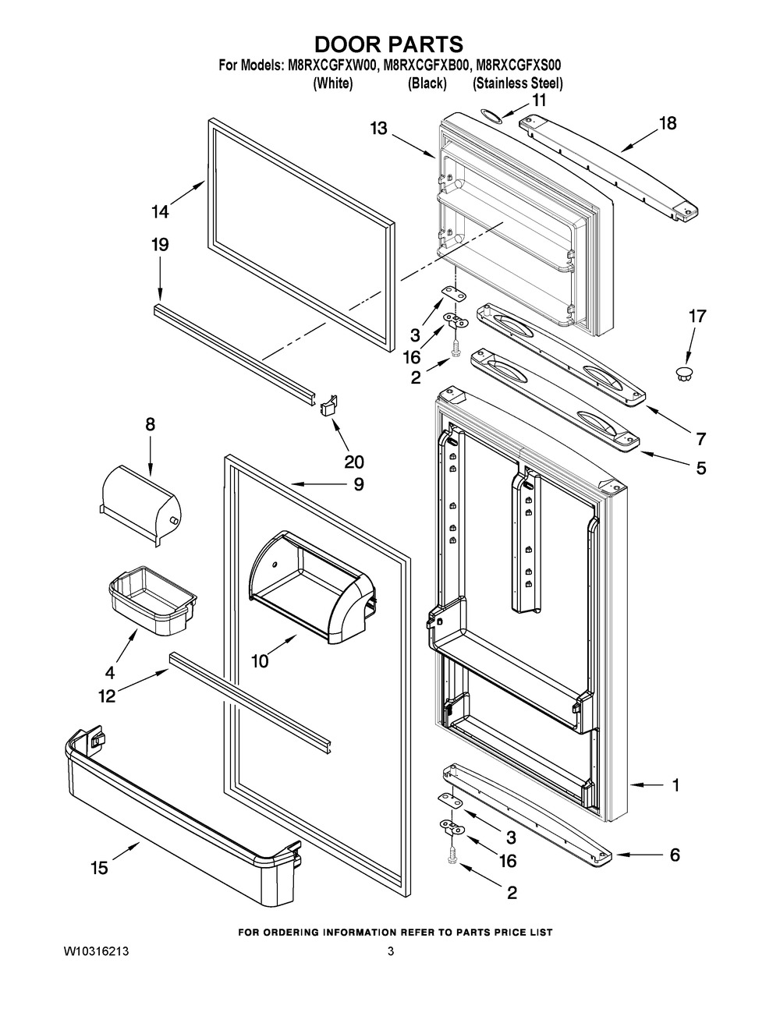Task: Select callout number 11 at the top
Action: (x=539, y=100)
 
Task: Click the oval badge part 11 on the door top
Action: (x=491, y=114)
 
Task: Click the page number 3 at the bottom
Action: (x=390, y=952)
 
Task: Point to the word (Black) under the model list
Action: (x=427, y=83)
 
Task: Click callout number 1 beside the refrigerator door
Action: (x=675, y=785)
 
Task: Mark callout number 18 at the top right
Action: (x=668, y=123)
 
